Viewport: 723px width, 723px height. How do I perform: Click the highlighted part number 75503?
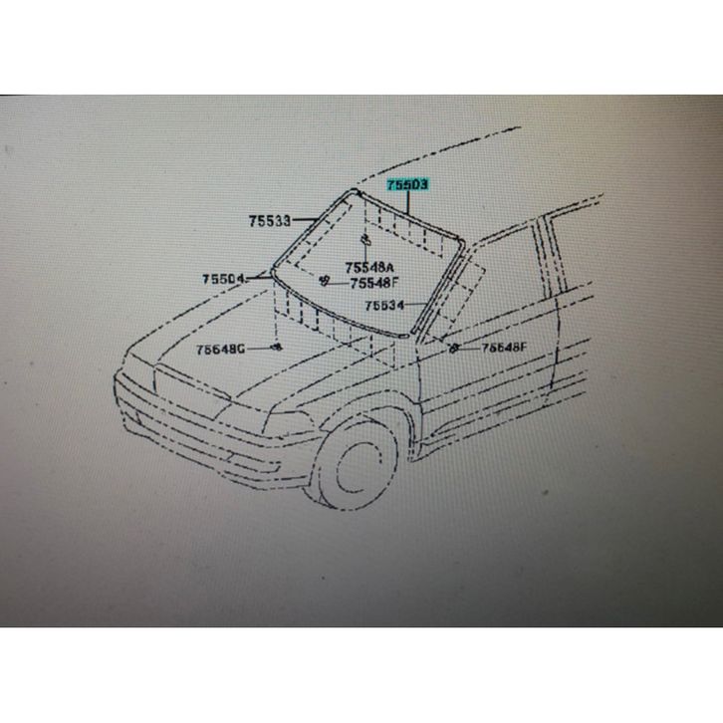click(x=407, y=186)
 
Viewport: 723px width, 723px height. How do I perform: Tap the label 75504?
click(x=225, y=279)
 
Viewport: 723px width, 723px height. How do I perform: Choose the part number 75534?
click(x=383, y=306)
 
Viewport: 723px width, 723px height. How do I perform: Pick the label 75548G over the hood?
click(x=220, y=349)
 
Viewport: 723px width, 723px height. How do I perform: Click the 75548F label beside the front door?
click(x=504, y=348)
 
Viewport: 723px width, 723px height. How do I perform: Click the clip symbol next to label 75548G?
click(x=277, y=347)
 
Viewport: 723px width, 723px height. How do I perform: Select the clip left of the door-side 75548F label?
click(x=454, y=348)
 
